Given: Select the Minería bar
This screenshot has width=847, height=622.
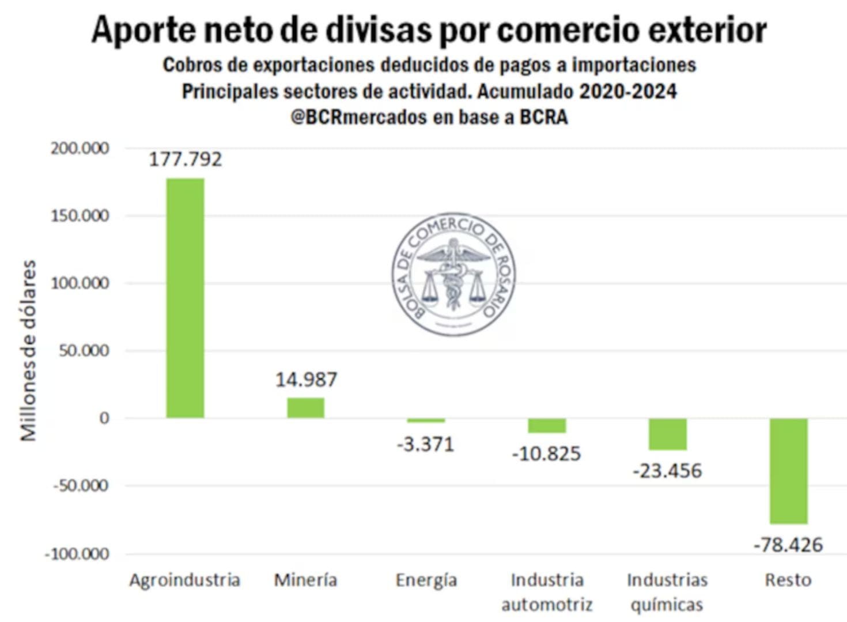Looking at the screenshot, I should point(305,408).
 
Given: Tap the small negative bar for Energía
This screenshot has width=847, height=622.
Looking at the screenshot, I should point(426,420).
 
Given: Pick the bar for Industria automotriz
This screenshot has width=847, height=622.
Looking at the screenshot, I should point(547,426).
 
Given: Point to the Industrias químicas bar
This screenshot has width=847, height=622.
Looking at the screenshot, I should point(667,434).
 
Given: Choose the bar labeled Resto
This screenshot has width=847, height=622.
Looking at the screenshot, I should point(788,471).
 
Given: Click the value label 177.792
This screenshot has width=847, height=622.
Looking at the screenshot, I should point(185,160).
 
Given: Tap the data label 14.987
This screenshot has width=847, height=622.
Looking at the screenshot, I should point(306,380).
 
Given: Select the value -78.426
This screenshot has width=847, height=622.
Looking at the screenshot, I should point(788,545).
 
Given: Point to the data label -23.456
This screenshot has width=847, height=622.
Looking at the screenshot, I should point(667,471).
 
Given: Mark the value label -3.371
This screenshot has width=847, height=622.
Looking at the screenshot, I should point(426,445).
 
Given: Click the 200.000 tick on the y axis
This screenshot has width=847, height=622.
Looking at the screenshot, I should point(80,149).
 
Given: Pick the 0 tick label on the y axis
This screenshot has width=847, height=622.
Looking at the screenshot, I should point(104,418).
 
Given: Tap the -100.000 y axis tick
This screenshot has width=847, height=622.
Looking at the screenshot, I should point(77,554).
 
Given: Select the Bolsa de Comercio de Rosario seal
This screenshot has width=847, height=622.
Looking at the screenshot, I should point(453,274).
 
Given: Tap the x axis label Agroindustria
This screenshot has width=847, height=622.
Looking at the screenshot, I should point(184,580).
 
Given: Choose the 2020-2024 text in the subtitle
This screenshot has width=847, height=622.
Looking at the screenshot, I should point(627,91).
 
